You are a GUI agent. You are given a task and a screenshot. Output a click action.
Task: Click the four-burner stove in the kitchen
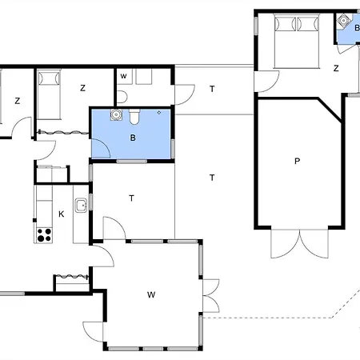tap(44, 235)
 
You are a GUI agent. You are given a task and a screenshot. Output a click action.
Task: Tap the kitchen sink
tap(81, 206)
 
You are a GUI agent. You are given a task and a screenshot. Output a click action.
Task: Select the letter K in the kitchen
tap(62, 214)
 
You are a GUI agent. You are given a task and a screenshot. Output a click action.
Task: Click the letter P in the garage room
tap(297, 161)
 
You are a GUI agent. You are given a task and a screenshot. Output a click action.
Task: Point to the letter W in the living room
tap(151, 294)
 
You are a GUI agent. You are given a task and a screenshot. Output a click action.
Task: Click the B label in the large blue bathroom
tap(133, 138)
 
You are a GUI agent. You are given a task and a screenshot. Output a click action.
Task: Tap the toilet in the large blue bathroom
tap(134, 117)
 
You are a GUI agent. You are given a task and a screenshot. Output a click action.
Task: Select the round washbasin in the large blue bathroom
tap(116, 114)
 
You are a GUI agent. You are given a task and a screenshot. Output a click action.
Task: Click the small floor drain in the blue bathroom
tap(159, 113)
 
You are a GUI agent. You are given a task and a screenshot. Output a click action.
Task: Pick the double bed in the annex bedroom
tap(297, 41)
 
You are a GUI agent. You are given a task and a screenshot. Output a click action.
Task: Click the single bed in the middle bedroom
tap(49, 94)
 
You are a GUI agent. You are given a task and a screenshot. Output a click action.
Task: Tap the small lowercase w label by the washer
tap(123, 76)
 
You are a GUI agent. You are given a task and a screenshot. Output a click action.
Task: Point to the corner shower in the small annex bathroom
tap(344, 22)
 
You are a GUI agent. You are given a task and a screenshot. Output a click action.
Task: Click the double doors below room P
tap(299, 243)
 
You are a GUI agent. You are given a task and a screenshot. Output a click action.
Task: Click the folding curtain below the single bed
tap(63, 132)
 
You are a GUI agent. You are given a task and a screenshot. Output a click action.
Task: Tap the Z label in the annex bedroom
tap(336, 68)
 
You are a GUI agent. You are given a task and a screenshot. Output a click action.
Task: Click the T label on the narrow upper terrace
tap(212, 89)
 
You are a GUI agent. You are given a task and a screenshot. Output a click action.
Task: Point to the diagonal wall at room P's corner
tap(330, 110)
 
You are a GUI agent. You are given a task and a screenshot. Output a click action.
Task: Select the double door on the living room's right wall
tap(211, 296)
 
